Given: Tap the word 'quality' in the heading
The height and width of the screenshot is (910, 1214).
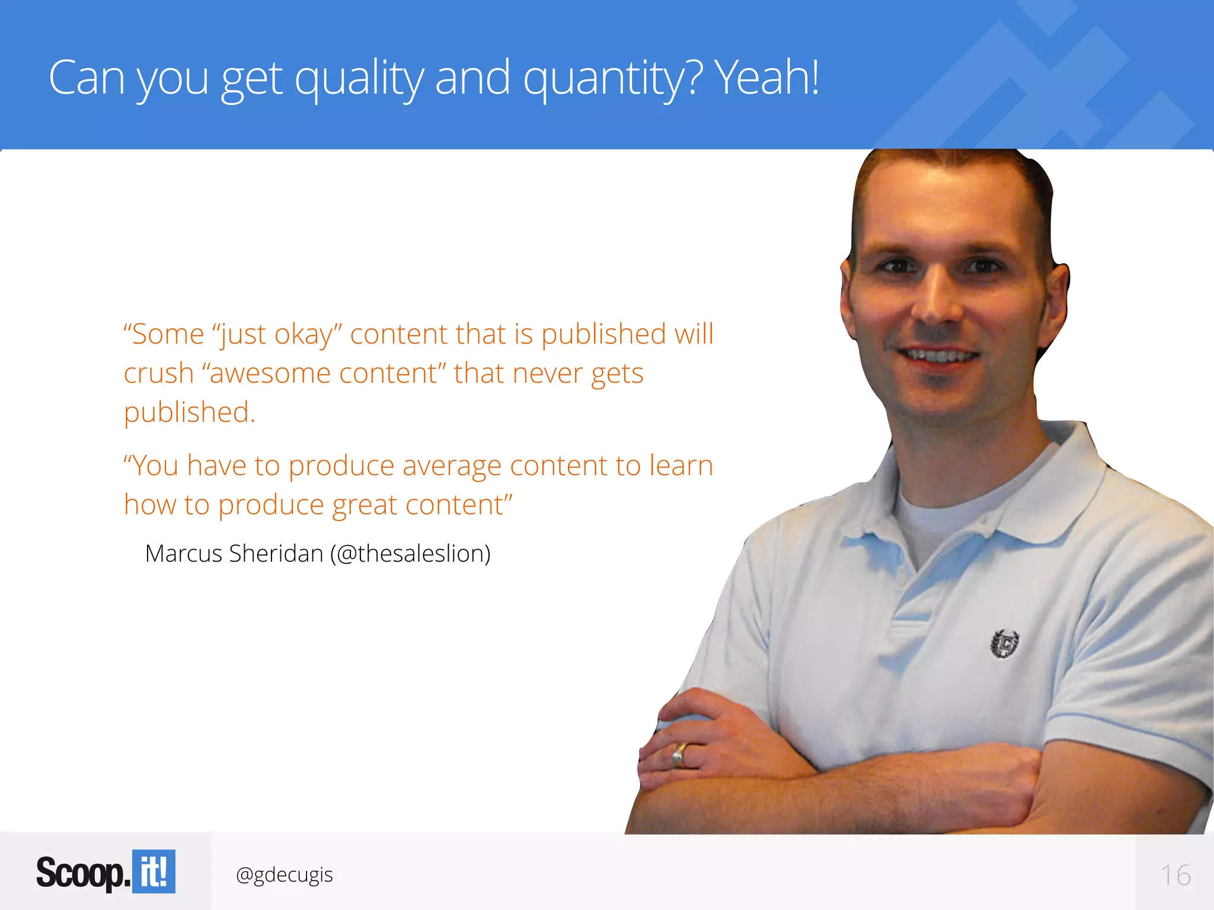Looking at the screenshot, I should coord(359,79).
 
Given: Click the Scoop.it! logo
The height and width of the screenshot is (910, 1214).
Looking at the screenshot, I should coord(106,871).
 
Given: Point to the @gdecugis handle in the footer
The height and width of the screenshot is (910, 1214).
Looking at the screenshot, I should coord(284,874).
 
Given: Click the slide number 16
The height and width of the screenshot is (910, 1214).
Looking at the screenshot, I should coord(1175,875).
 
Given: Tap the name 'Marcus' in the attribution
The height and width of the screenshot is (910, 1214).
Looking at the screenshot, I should coord(183,553).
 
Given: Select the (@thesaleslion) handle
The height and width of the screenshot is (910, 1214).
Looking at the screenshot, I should coord(410,553).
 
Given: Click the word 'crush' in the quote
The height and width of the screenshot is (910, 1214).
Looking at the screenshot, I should coord(159,373).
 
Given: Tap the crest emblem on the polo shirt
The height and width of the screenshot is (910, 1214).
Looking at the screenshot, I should coord(1005,643).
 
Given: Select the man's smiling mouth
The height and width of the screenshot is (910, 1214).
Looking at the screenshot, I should coord(938,356).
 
